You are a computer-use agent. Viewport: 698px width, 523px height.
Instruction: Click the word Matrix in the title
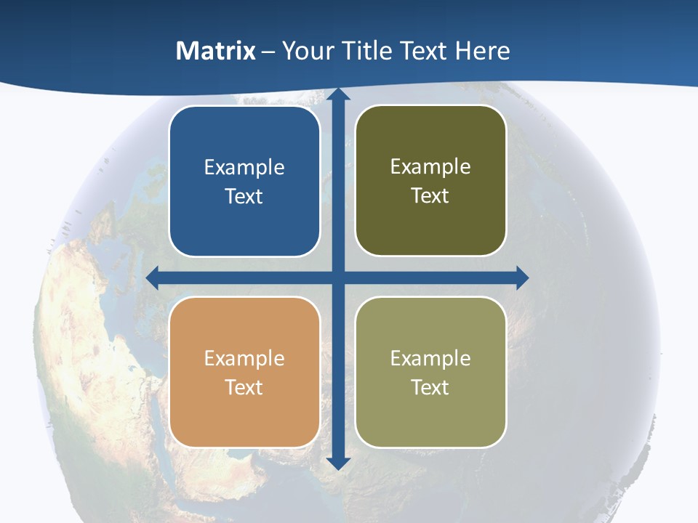point(216,51)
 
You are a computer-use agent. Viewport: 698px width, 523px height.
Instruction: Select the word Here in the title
point(482,51)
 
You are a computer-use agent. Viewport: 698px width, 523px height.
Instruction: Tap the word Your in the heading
point(305,51)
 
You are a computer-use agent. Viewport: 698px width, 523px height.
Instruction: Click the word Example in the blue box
point(244,168)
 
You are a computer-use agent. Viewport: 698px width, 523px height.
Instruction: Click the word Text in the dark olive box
point(430,196)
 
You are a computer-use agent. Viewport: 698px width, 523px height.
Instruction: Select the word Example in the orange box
point(244,359)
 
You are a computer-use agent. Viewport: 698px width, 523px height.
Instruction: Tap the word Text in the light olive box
point(430,388)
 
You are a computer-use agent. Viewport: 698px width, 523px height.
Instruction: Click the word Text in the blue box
point(244,197)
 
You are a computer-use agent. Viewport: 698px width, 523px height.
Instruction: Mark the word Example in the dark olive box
point(430,167)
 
